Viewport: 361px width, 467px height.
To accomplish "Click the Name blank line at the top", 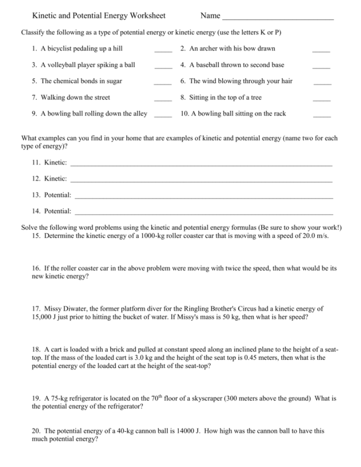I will [277, 19].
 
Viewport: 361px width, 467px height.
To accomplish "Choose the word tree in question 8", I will [255, 97].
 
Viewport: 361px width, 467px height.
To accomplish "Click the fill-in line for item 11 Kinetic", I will [201, 165].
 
